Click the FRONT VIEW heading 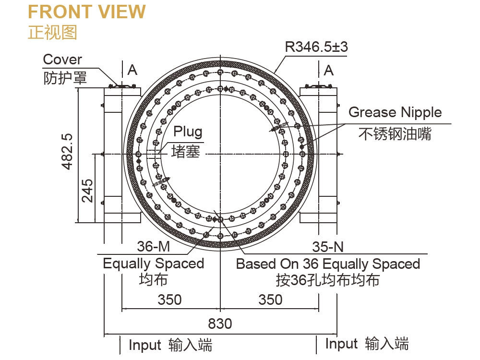(87, 12)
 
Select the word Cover (62, 60)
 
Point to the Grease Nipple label (395, 112)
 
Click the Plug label (188, 131)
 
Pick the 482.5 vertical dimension (67, 151)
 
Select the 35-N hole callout (328, 247)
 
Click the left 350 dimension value (170, 300)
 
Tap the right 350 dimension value (270, 300)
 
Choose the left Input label (145, 345)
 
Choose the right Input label (341, 344)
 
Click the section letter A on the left (132, 70)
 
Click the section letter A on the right (329, 70)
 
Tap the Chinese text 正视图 (52, 32)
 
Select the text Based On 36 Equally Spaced (328, 264)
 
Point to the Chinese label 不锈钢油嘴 (395, 134)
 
